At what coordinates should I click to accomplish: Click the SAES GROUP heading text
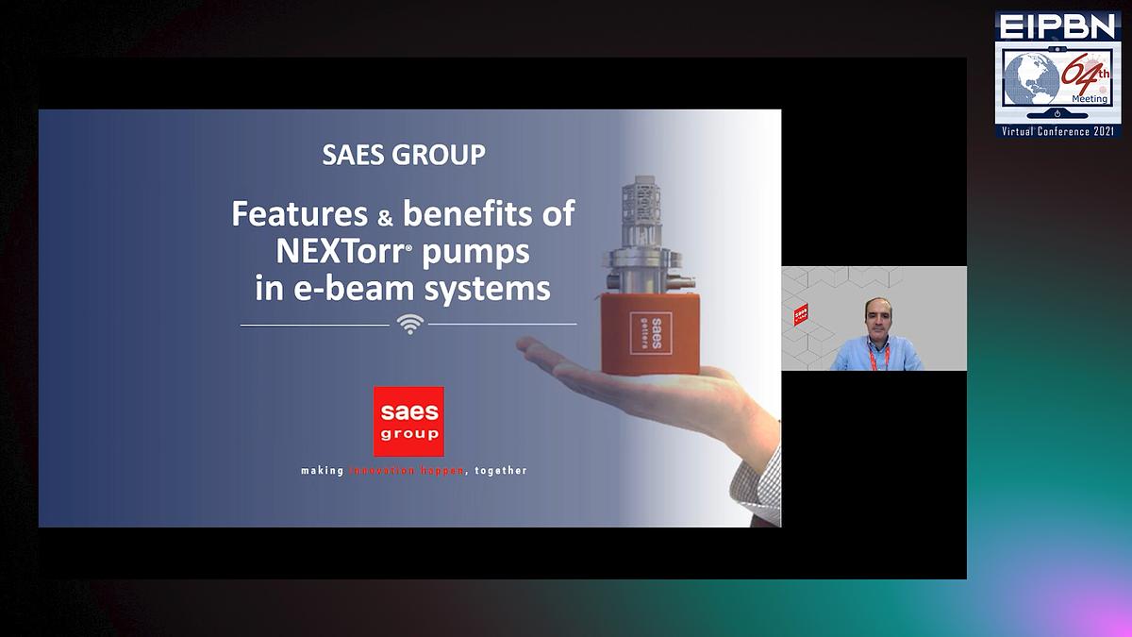tap(404, 154)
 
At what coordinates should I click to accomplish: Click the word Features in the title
tap(299, 213)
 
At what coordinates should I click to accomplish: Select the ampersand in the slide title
tap(385, 217)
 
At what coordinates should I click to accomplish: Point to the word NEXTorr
tap(336, 251)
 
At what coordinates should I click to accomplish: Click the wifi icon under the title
tap(409, 324)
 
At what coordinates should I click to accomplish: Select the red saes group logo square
tap(408, 421)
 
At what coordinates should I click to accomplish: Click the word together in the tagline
tap(501, 470)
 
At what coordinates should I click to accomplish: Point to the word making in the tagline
tap(323, 470)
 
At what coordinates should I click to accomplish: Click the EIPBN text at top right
tap(1057, 25)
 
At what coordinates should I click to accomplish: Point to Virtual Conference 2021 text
tap(1057, 131)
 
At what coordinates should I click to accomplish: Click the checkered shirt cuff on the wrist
tap(766, 481)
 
